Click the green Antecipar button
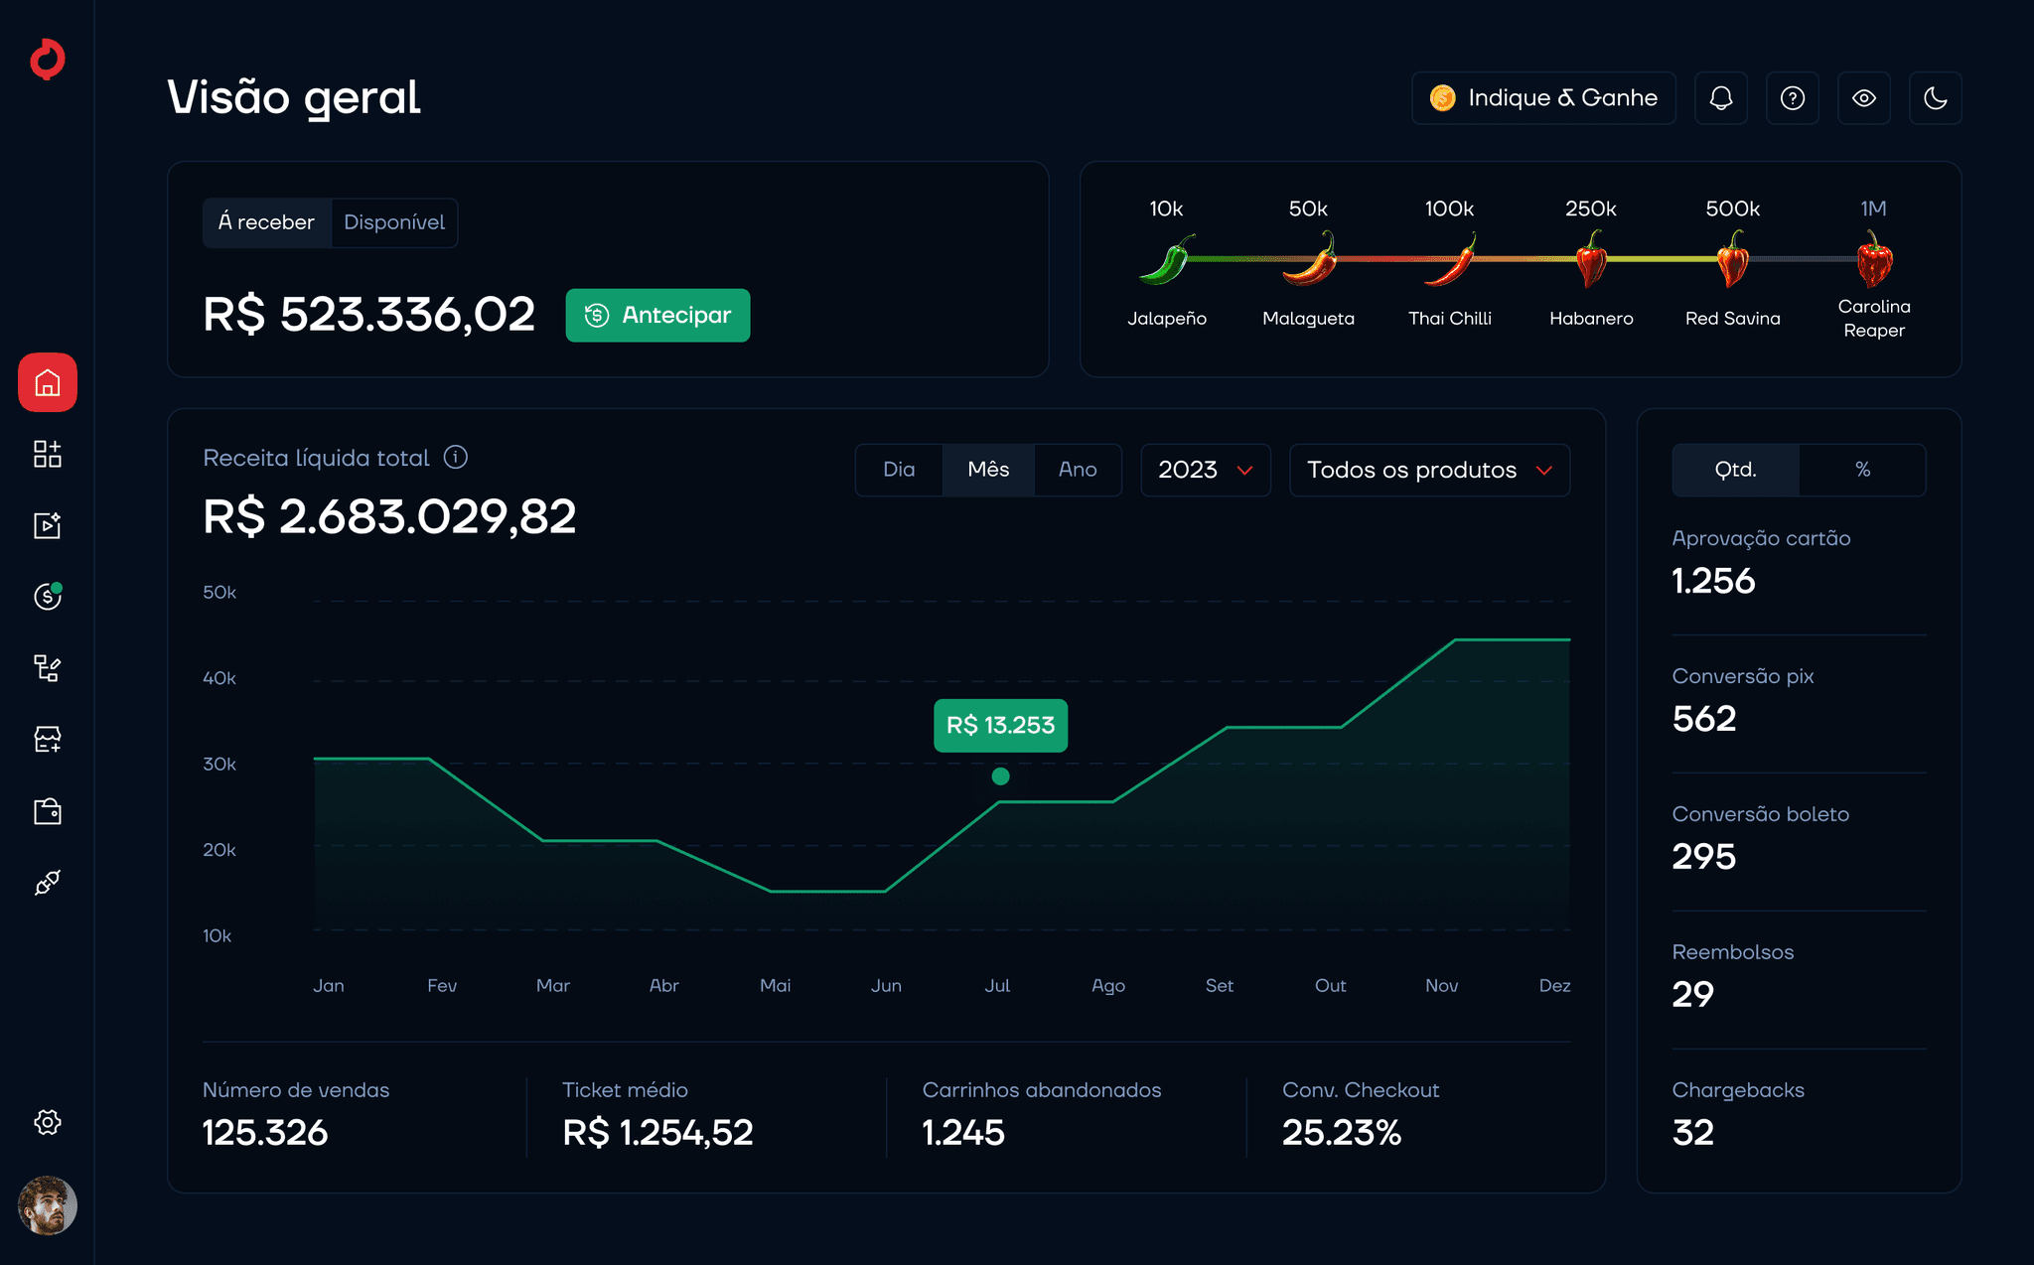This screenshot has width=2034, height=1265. [657, 315]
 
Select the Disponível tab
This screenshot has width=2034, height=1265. [394, 222]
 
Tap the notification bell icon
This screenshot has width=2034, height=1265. [1721, 97]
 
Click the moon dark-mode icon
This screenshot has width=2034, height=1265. [1935, 97]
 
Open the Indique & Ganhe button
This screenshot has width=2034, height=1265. [1543, 97]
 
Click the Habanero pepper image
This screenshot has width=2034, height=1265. [1591, 258]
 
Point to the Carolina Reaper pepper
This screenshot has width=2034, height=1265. [1874, 258]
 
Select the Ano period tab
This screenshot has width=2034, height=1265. [1078, 470]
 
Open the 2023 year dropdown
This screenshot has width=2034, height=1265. [1206, 470]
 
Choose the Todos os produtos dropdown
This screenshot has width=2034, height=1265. [1429, 470]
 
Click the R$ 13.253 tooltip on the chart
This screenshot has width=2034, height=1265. [1000, 725]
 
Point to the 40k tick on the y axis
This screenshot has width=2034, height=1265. [219, 678]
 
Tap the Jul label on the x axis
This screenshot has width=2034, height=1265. [997, 985]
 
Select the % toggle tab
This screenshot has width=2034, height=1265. [1862, 470]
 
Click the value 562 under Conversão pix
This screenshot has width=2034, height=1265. [1704, 719]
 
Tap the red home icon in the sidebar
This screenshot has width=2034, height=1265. [48, 382]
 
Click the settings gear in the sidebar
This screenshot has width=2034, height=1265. [48, 1122]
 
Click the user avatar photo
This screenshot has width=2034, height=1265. [48, 1205]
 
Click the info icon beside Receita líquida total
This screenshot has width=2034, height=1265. [456, 457]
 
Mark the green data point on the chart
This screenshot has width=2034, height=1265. [1000, 776]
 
